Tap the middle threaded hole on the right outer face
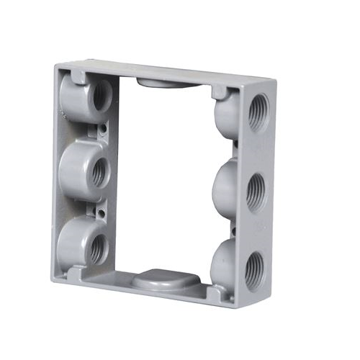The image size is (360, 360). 257,192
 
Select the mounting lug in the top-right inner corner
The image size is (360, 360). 218,91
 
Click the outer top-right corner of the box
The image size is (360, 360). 272,78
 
